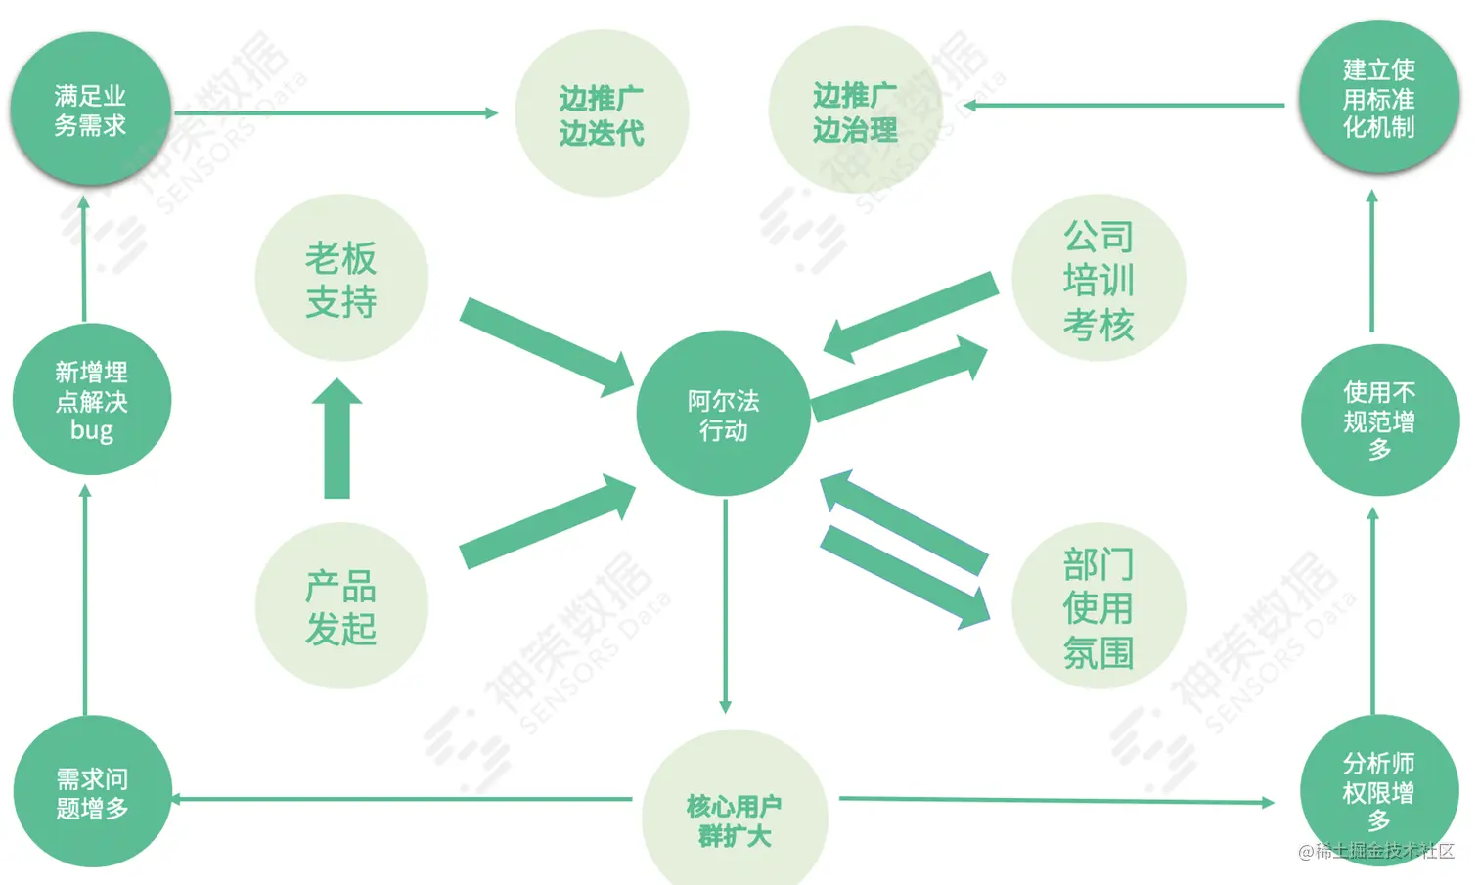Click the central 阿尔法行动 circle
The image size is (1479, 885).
coord(723,415)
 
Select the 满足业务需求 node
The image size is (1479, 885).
coord(90,110)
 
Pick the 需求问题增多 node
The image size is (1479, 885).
coord(92,793)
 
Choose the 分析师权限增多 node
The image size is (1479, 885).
coord(1378,791)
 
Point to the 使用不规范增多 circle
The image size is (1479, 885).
coord(1379,420)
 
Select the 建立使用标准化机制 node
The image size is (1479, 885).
coord(1378,98)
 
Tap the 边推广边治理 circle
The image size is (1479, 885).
coord(855,111)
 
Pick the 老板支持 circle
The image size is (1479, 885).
coord(341,280)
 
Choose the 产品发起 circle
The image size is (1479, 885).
coord(341,606)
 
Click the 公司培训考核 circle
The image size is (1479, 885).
coord(1098,280)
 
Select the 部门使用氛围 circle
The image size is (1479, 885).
coord(1098,607)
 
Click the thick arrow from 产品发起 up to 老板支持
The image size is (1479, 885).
coord(336,440)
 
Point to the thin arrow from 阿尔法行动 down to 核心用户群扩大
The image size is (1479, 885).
coord(725,606)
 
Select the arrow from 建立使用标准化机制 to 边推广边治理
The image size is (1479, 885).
coord(1125,105)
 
